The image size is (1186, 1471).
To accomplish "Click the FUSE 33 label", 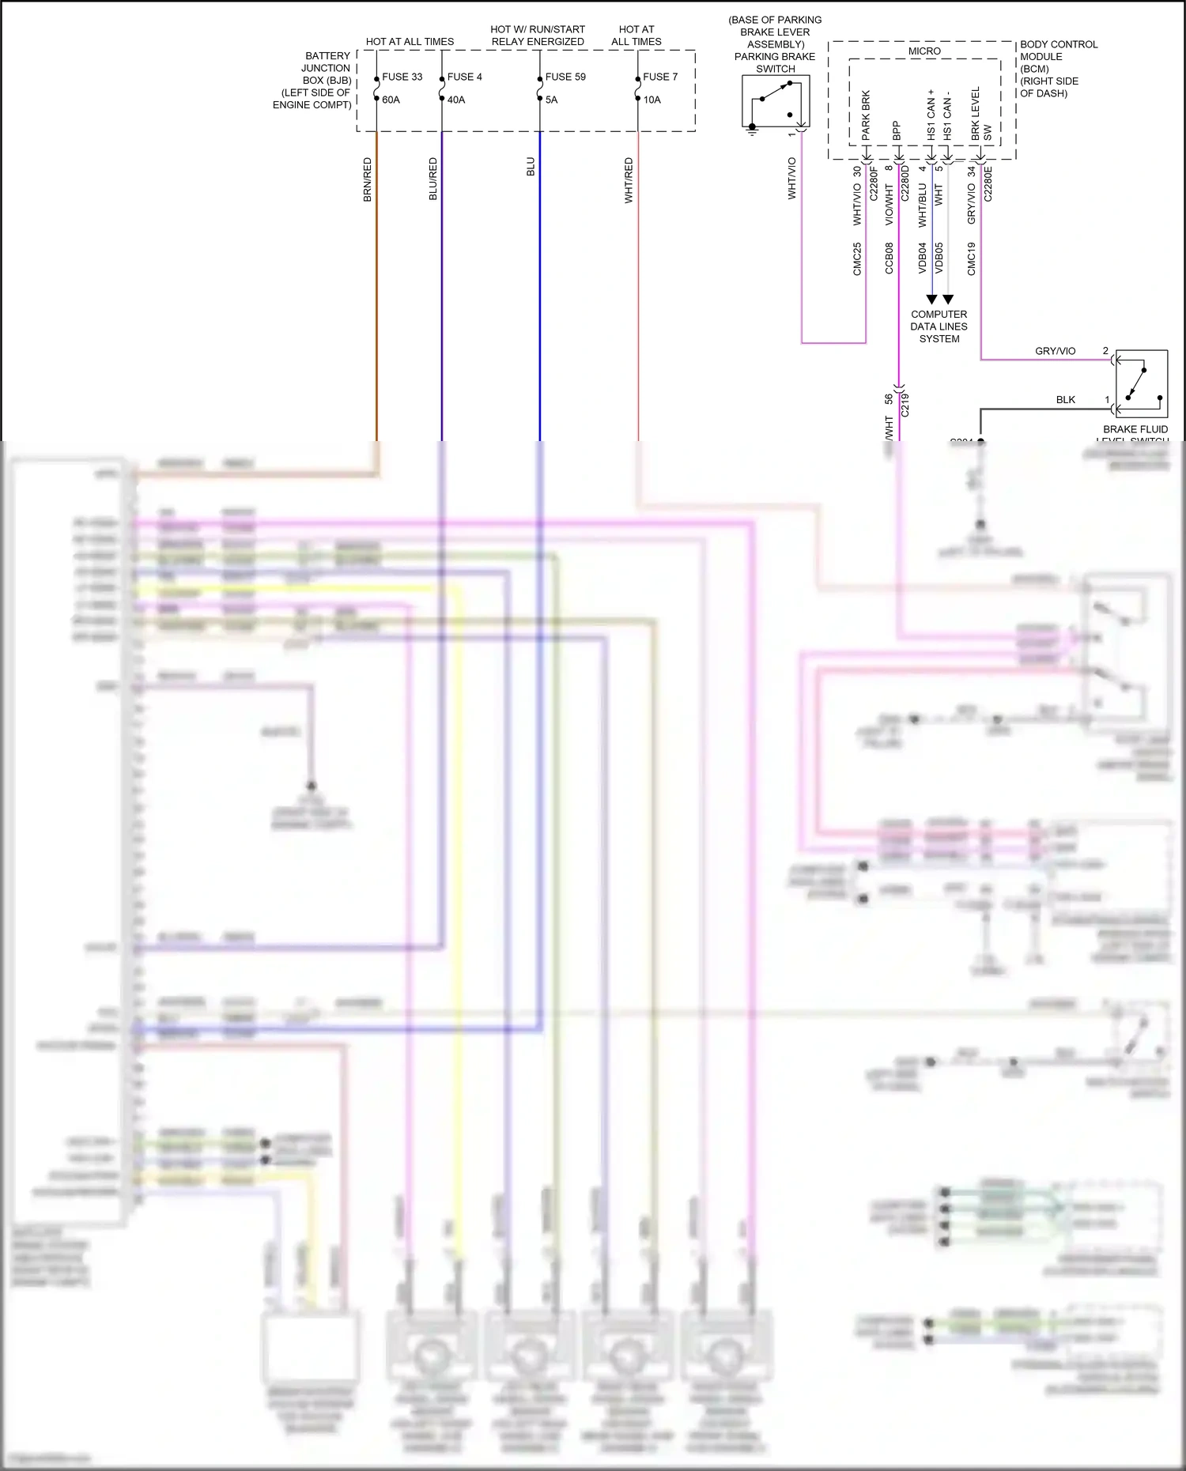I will pos(402,77).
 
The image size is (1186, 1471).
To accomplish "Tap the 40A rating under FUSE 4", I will pos(456,100).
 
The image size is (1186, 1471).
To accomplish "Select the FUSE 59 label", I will pos(565,77).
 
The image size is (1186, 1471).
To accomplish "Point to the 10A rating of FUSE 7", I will pos(652,100).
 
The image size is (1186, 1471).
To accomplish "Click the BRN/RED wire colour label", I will pos(368,179).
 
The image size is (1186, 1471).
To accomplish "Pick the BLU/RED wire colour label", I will pos(433,179).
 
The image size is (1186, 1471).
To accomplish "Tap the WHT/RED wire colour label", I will pos(629,180).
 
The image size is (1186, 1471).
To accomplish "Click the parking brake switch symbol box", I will pos(776,101).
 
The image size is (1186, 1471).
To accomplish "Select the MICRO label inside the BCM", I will pos(924,51).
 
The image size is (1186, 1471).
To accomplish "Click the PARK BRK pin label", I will pos(867,115).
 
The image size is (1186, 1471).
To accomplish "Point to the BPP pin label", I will pos(897,130).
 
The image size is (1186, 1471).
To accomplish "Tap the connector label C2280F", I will pos(874,183).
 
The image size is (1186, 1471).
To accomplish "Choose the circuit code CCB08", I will pos(889,258).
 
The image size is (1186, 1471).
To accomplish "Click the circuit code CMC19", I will pos(972,258).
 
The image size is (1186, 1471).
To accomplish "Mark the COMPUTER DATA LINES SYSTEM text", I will pos(939,326).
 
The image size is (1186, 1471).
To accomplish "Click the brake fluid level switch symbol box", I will pos(1141,383).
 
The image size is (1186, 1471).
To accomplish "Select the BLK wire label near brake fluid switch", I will pos(1066,400).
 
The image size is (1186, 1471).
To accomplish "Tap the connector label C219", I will pos(905,405).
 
